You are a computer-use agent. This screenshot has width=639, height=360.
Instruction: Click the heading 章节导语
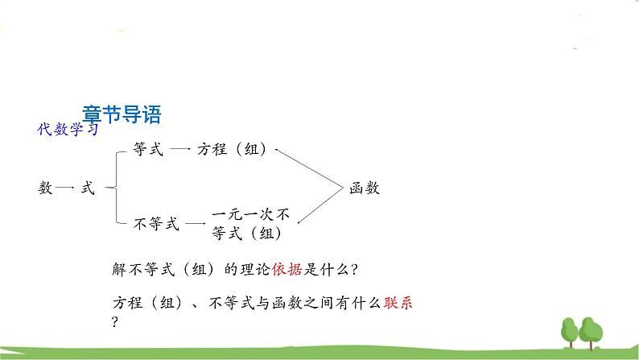coord(122,115)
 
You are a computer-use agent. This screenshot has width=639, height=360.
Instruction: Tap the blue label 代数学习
coord(68,130)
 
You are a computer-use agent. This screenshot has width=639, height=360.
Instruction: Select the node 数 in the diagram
coord(45,188)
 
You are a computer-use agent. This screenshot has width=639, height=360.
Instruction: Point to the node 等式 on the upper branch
coord(147,150)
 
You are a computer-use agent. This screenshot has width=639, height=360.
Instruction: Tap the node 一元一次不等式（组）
coord(252,225)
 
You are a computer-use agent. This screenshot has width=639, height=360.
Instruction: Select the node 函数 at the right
coord(365,188)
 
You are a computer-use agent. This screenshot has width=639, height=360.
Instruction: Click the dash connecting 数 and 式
coord(67,188)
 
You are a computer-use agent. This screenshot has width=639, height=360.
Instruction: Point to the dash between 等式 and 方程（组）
coord(180,150)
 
